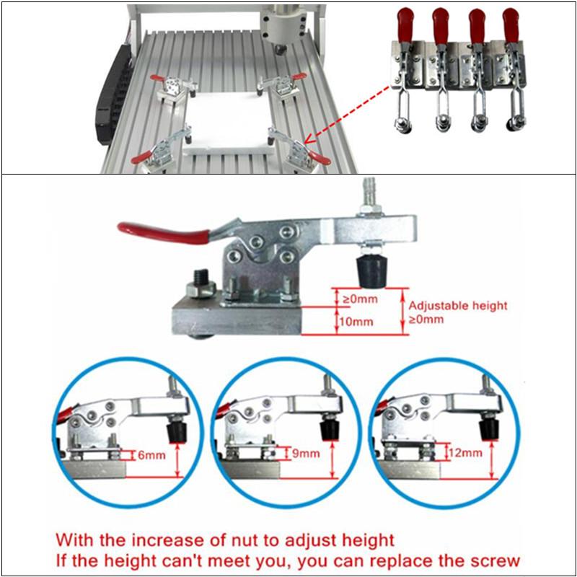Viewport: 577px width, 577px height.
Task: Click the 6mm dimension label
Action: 151,455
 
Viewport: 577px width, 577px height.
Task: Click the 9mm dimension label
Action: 305,454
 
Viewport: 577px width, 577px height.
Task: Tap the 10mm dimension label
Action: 356,321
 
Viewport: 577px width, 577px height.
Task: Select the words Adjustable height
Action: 458,306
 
